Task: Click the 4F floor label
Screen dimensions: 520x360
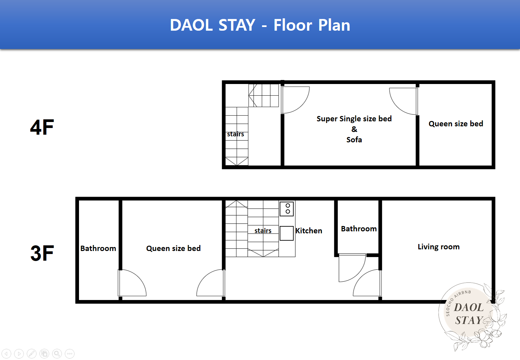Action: (x=42, y=127)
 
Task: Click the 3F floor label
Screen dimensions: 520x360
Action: (x=42, y=253)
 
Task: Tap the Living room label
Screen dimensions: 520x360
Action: (x=439, y=246)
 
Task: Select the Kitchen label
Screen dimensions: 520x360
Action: (x=309, y=230)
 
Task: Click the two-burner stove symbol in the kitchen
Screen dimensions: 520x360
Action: (x=286, y=209)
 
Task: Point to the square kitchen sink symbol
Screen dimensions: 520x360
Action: (x=286, y=233)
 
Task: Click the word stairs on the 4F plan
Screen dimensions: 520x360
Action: (x=235, y=134)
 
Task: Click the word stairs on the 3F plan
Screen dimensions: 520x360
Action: (x=263, y=230)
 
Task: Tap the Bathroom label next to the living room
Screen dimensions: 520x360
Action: (x=359, y=229)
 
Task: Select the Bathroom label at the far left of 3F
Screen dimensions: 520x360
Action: (x=98, y=248)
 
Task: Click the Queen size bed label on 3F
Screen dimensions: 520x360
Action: (x=173, y=248)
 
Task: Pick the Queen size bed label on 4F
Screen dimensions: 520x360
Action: (x=456, y=124)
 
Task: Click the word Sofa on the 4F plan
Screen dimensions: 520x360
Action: (x=354, y=140)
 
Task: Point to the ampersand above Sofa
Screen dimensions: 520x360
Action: (x=354, y=129)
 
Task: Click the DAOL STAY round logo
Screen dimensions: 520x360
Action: (x=472, y=316)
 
